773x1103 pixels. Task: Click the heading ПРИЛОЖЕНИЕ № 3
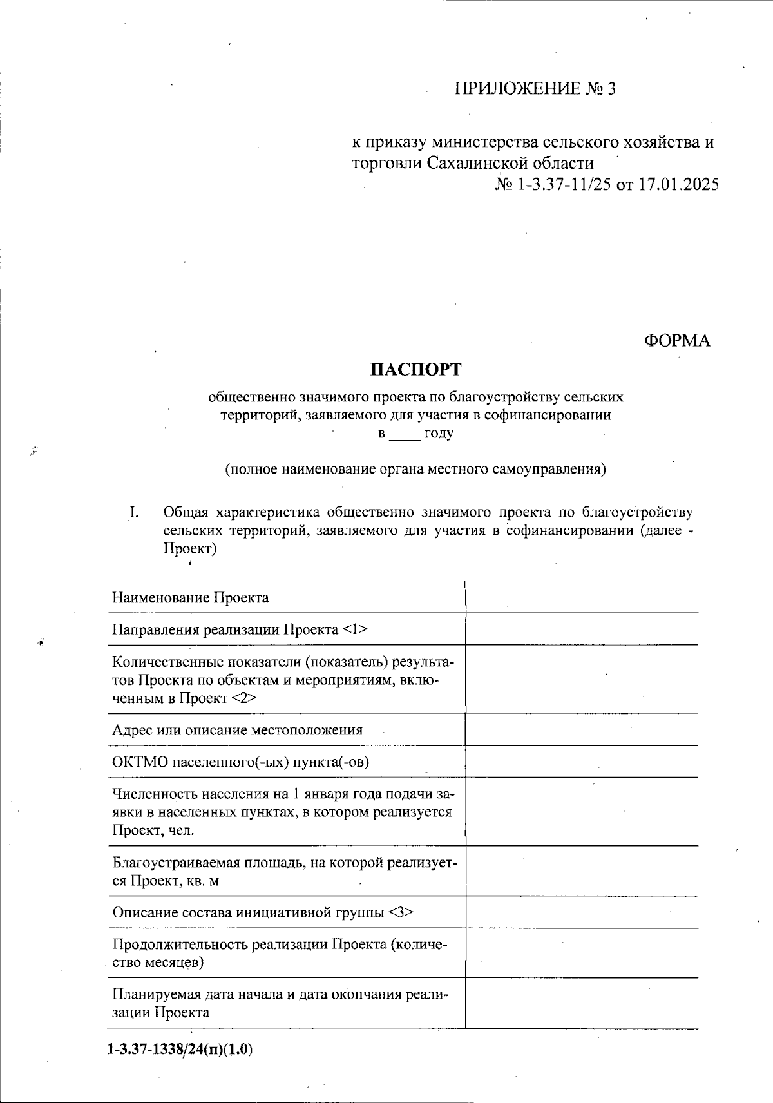pos(535,89)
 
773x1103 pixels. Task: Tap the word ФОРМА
pos(677,340)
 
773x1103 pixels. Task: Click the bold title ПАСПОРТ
pos(416,369)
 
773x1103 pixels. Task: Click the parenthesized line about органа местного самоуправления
pos(415,468)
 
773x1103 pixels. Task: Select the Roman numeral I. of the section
pos(134,513)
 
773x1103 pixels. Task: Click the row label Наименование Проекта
pos(191,597)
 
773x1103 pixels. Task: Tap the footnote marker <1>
pos(356,629)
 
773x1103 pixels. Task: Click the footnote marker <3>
pos(401,912)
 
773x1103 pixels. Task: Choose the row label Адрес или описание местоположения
pos(237,730)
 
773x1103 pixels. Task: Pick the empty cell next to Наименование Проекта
pos(582,597)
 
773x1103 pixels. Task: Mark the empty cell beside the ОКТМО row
pos(582,762)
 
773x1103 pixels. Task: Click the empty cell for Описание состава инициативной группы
pos(582,912)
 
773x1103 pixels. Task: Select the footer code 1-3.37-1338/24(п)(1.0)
pos(180,1050)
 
